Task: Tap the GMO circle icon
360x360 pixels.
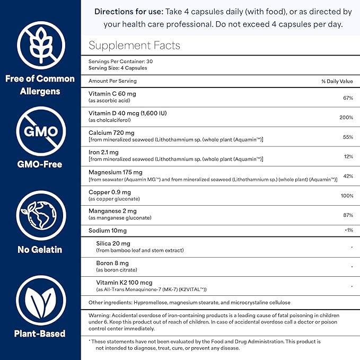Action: [40, 131]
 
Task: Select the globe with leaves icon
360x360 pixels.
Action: [40, 216]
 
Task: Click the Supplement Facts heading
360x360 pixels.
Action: [134, 46]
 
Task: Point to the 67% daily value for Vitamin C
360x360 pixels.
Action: [347, 98]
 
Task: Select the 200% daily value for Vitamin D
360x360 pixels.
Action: [346, 117]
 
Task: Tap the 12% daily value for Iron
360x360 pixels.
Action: [347, 156]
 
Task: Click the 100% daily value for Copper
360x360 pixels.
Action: [346, 196]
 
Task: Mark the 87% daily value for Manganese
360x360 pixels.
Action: [347, 215]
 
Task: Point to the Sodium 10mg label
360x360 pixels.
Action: [108, 231]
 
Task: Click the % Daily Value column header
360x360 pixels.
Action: [337, 81]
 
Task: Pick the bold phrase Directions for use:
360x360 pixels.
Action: [129, 12]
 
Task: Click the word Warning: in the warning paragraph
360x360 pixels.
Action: [101, 315]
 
